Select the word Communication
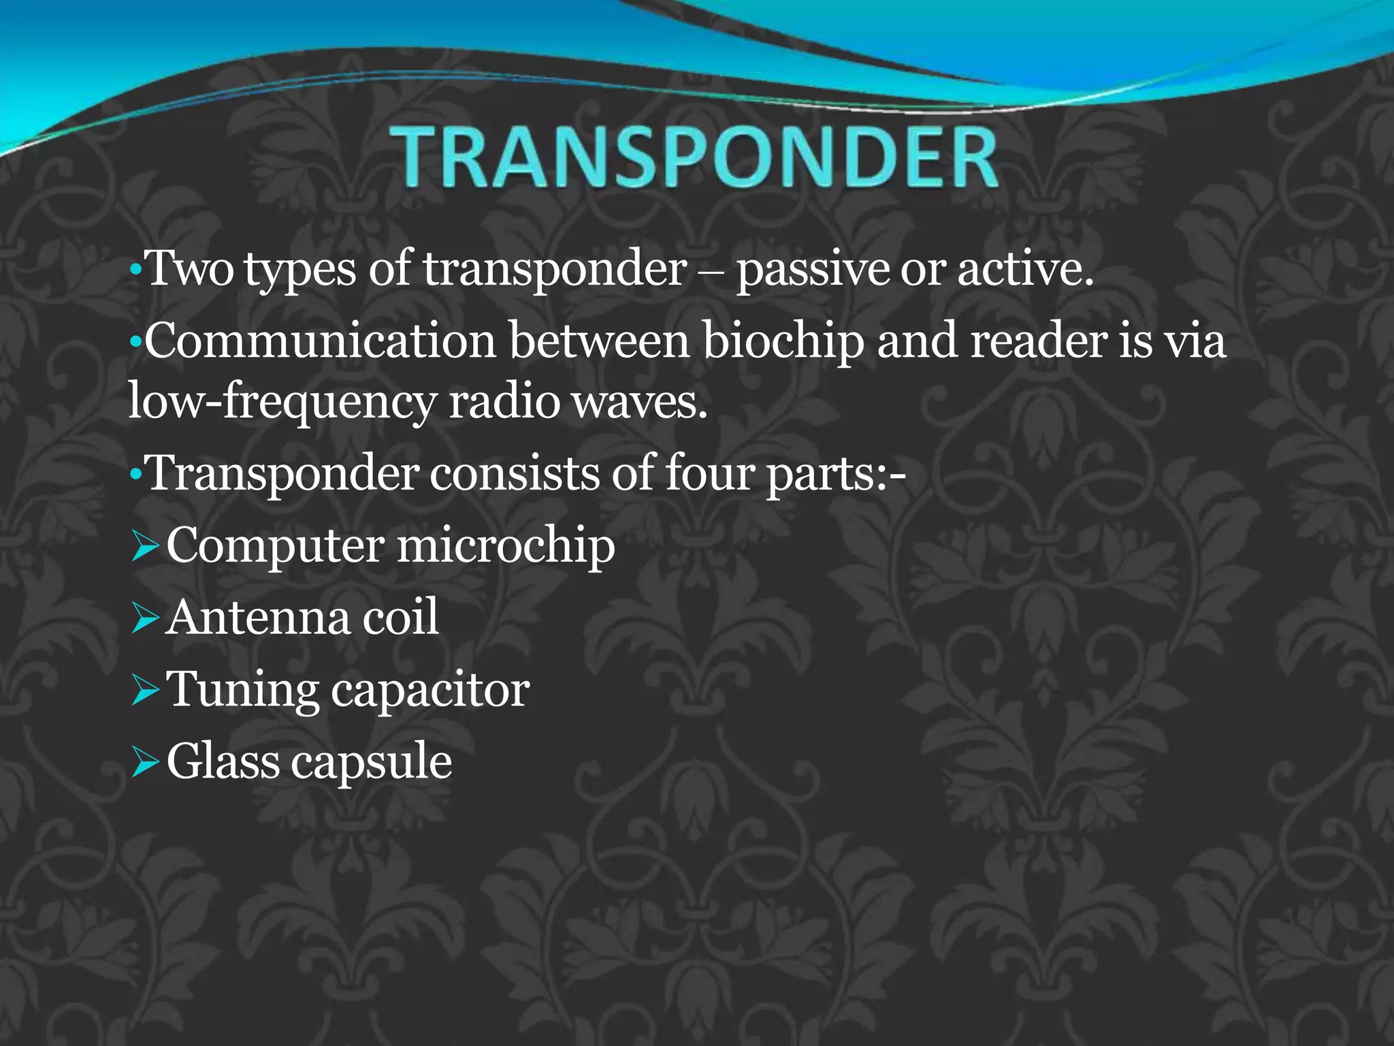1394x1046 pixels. (x=321, y=340)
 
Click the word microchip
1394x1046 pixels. (x=506, y=547)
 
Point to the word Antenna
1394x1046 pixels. (x=258, y=618)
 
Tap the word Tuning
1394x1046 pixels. (x=242, y=691)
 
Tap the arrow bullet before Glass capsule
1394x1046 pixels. (x=145, y=763)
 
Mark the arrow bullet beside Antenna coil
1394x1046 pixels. (x=145, y=619)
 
